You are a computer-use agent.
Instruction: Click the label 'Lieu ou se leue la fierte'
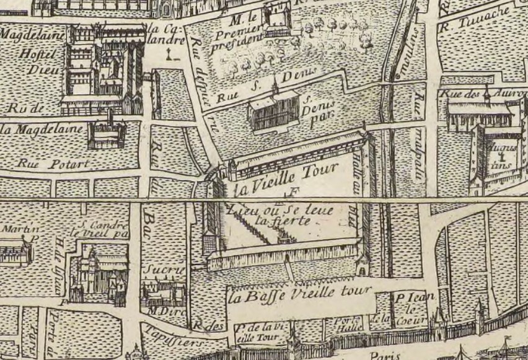[280, 214]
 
